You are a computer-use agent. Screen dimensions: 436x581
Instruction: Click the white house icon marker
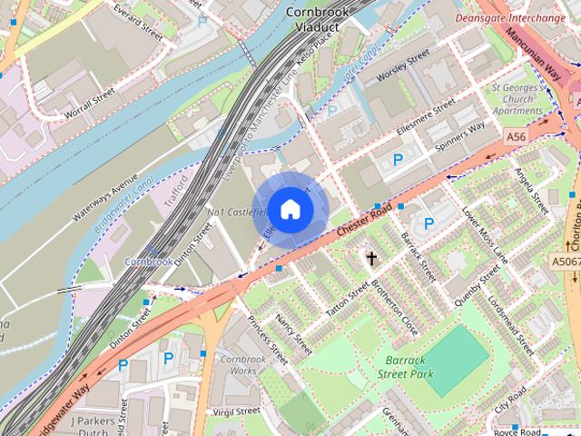(290, 209)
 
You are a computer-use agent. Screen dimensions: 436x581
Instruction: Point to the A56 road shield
(517, 136)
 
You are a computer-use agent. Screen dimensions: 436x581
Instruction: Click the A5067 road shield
(565, 262)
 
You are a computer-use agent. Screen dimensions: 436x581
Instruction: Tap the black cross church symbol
(371, 259)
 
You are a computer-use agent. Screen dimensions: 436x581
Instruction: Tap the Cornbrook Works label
(238, 364)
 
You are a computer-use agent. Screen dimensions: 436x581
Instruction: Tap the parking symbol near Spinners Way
(398, 159)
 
